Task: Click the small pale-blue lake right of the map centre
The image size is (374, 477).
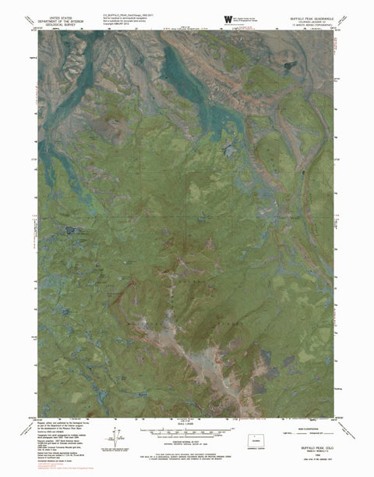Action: coord(228,148)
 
